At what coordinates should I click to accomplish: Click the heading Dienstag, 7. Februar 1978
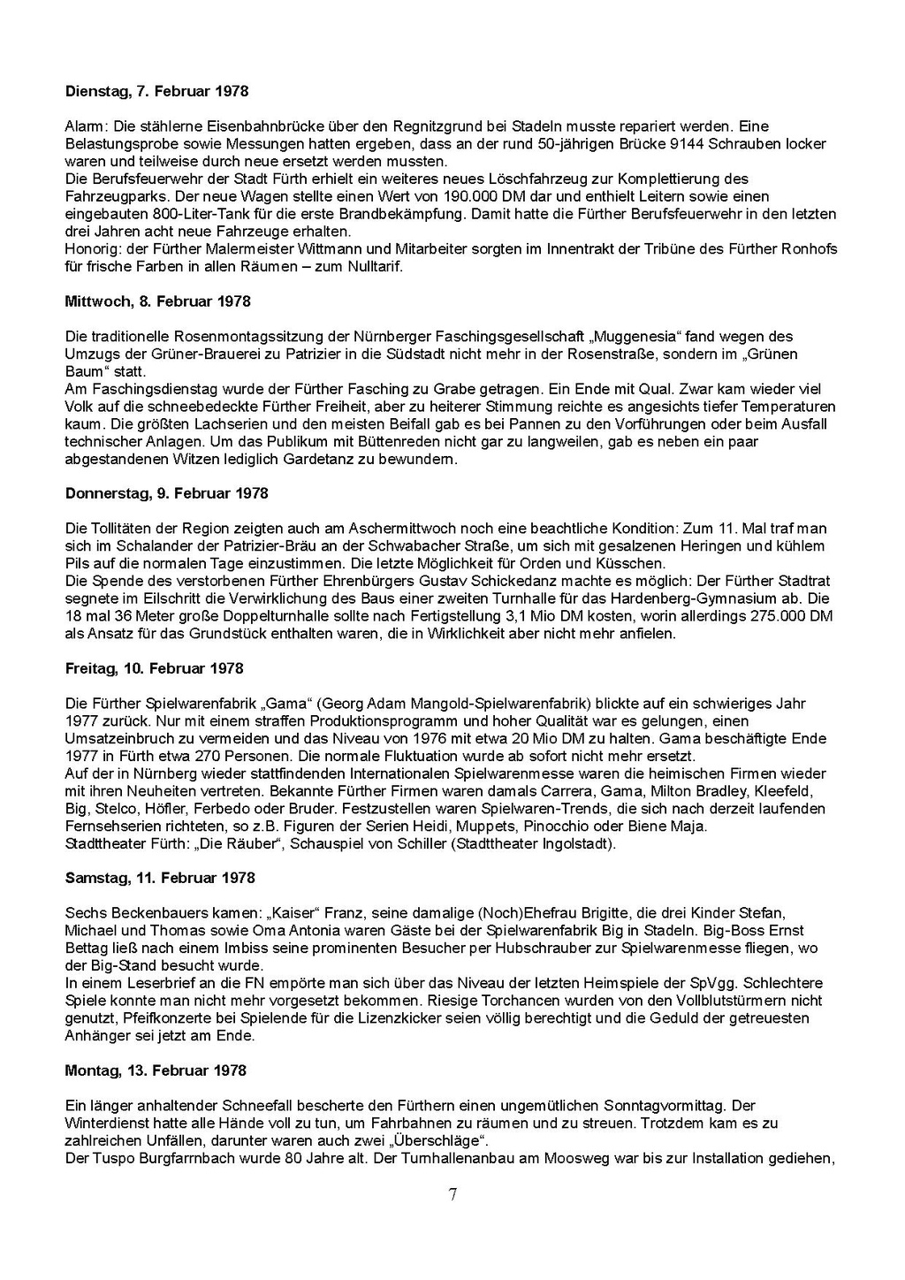156,91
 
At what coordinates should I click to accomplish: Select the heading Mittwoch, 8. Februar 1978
157,301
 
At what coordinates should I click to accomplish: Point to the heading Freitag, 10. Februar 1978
154,668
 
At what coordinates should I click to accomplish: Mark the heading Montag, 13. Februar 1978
155,1070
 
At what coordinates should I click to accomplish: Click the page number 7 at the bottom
452,1195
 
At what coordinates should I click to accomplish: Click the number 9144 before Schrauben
688,144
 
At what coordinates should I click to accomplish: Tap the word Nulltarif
369,266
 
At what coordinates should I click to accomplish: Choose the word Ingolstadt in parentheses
574,843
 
